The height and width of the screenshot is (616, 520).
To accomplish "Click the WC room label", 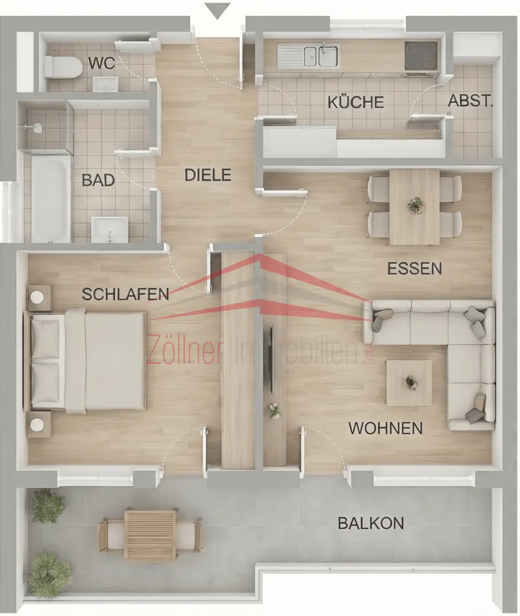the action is (102, 63).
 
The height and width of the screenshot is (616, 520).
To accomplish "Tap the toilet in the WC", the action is (63, 67).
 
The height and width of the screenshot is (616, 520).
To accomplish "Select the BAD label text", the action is (98, 180).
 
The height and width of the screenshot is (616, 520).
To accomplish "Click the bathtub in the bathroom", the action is (51, 199).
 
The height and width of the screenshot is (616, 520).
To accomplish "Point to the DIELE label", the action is (208, 175).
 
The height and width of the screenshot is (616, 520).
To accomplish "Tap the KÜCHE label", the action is (356, 102).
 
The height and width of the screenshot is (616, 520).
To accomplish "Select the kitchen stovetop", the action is (421, 56).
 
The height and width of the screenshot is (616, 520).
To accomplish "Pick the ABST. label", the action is (470, 101).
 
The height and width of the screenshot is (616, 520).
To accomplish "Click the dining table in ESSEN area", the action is (414, 206).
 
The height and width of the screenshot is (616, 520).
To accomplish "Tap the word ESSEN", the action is (414, 269).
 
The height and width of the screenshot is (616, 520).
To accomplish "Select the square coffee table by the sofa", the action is (409, 383).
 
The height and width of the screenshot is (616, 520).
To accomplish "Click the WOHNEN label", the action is (386, 428).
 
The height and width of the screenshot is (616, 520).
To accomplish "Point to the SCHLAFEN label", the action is (126, 294).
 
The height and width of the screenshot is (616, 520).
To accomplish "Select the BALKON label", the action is (371, 523).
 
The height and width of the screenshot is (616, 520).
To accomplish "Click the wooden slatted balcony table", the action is (150, 535).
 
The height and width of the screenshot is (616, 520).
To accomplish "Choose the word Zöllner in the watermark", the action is (185, 351).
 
